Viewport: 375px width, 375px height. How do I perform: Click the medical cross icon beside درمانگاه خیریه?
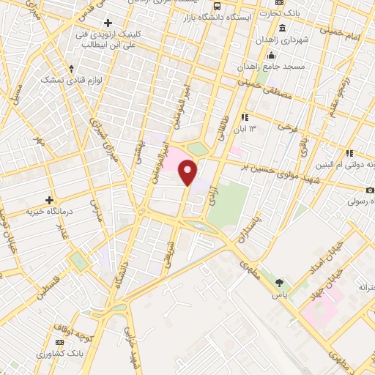click(x=50, y=199)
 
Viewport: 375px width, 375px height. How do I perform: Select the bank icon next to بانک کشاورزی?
click(x=59, y=341)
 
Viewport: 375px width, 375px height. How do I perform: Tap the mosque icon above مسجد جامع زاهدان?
click(x=272, y=55)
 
